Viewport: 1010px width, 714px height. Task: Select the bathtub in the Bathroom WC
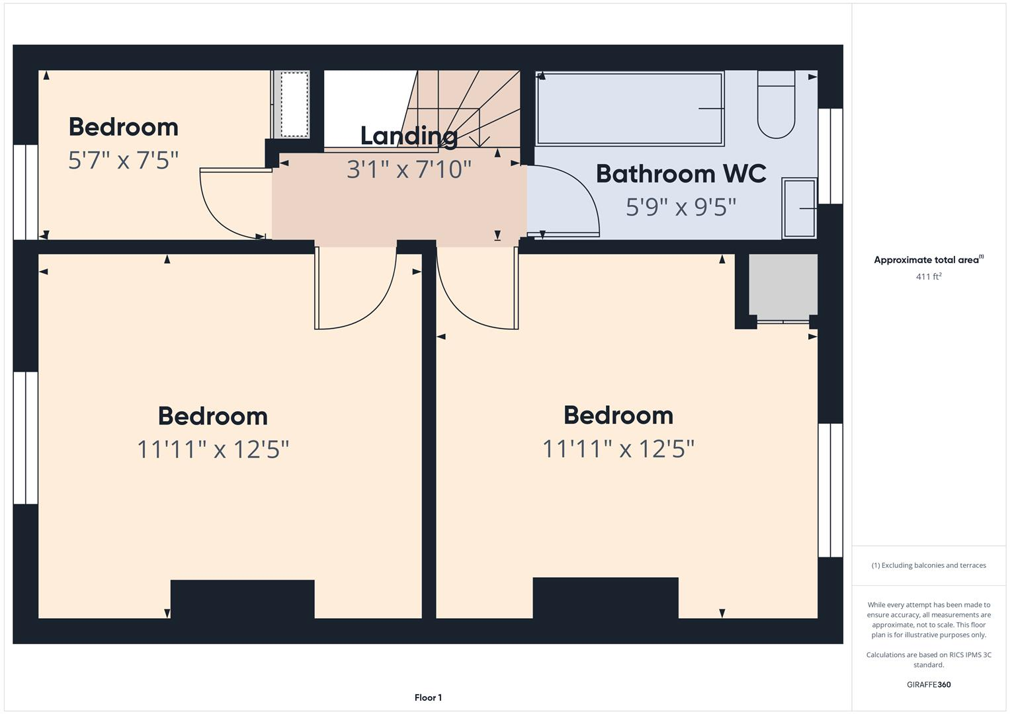[x=630, y=108]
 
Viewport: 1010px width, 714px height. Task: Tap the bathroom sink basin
[x=799, y=208]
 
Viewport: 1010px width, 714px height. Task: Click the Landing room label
[x=409, y=136]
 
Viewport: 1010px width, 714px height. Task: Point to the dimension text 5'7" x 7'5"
[x=124, y=160]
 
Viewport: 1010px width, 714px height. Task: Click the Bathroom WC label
[x=681, y=174]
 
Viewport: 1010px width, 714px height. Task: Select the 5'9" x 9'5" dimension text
[x=681, y=207]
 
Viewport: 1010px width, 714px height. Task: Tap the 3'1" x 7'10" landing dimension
[x=409, y=169]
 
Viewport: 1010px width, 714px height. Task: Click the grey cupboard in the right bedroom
[x=783, y=284]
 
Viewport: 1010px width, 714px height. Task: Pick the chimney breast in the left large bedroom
[x=242, y=599]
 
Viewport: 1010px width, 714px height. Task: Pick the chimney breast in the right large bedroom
[x=605, y=598]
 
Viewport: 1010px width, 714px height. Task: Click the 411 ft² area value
[x=928, y=277]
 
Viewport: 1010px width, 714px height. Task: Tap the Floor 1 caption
[x=428, y=697]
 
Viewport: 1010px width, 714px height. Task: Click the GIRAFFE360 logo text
[x=928, y=685]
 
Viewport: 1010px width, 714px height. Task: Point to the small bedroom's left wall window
[x=26, y=192]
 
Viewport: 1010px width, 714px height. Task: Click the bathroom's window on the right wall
[x=830, y=156]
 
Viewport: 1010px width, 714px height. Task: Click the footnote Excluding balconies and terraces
[x=928, y=565]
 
